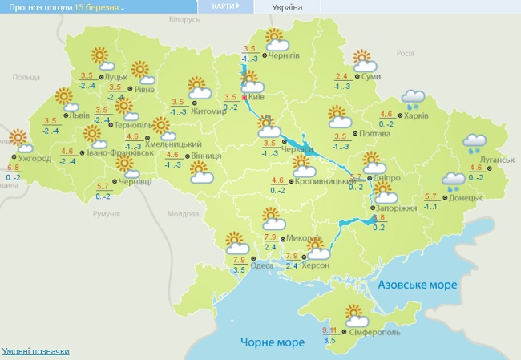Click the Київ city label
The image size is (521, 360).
(x=256, y=96)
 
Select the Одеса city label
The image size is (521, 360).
(x=263, y=266)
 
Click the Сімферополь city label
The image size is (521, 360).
(x=375, y=332)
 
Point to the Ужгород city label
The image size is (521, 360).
(x=34, y=159)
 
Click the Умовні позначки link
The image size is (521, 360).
(x=36, y=351)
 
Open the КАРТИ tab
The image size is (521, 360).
(x=224, y=6)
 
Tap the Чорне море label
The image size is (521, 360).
(x=273, y=342)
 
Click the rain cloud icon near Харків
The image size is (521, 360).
(x=414, y=99)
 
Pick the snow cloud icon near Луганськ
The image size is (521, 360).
(x=474, y=143)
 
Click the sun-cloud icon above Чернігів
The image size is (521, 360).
(x=275, y=38)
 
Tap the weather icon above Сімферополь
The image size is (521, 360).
(x=354, y=315)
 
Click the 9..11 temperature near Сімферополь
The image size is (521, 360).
(x=329, y=330)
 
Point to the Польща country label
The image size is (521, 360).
(x=26, y=76)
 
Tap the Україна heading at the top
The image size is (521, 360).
(x=287, y=7)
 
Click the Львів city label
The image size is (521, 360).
(x=79, y=115)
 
